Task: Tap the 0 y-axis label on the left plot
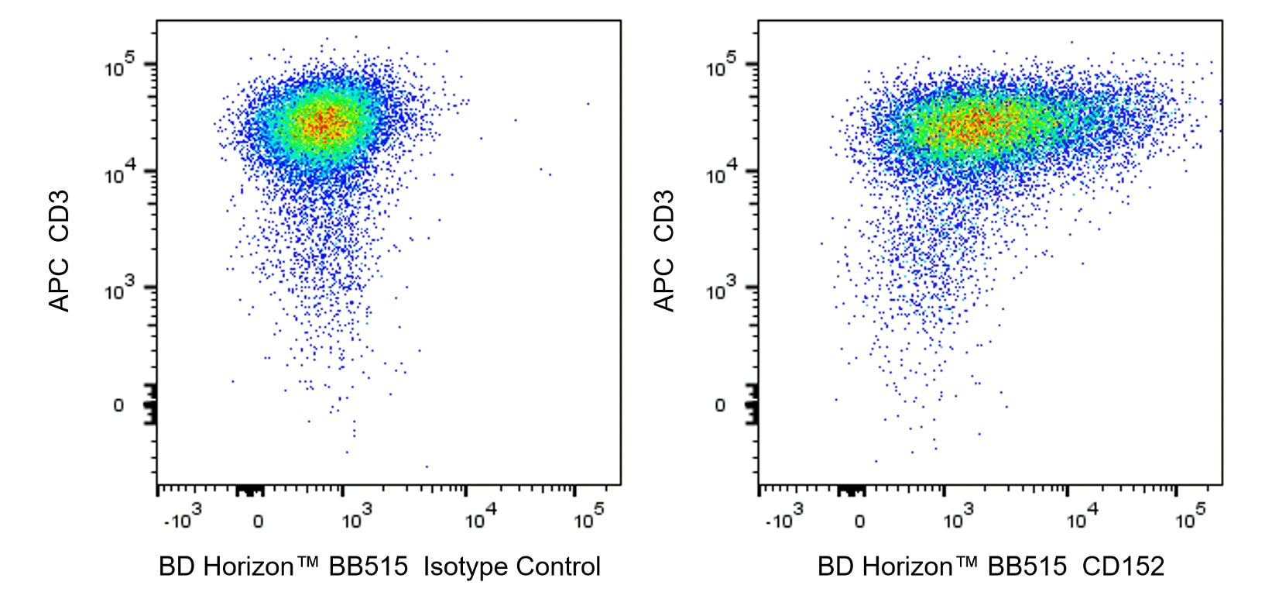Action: (x=118, y=405)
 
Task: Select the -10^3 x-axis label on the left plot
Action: (x=183, y=518)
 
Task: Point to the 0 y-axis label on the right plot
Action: (x=720, y=405)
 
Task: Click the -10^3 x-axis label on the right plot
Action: (x=784, y=518)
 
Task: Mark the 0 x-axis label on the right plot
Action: (x=859, y=522)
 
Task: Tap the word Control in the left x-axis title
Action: (x=557, y=567)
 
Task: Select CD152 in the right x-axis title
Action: (x=1123, y=567)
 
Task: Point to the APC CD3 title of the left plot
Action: (x=60, y=250)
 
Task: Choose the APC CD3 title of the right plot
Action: (x=664, y=250)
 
